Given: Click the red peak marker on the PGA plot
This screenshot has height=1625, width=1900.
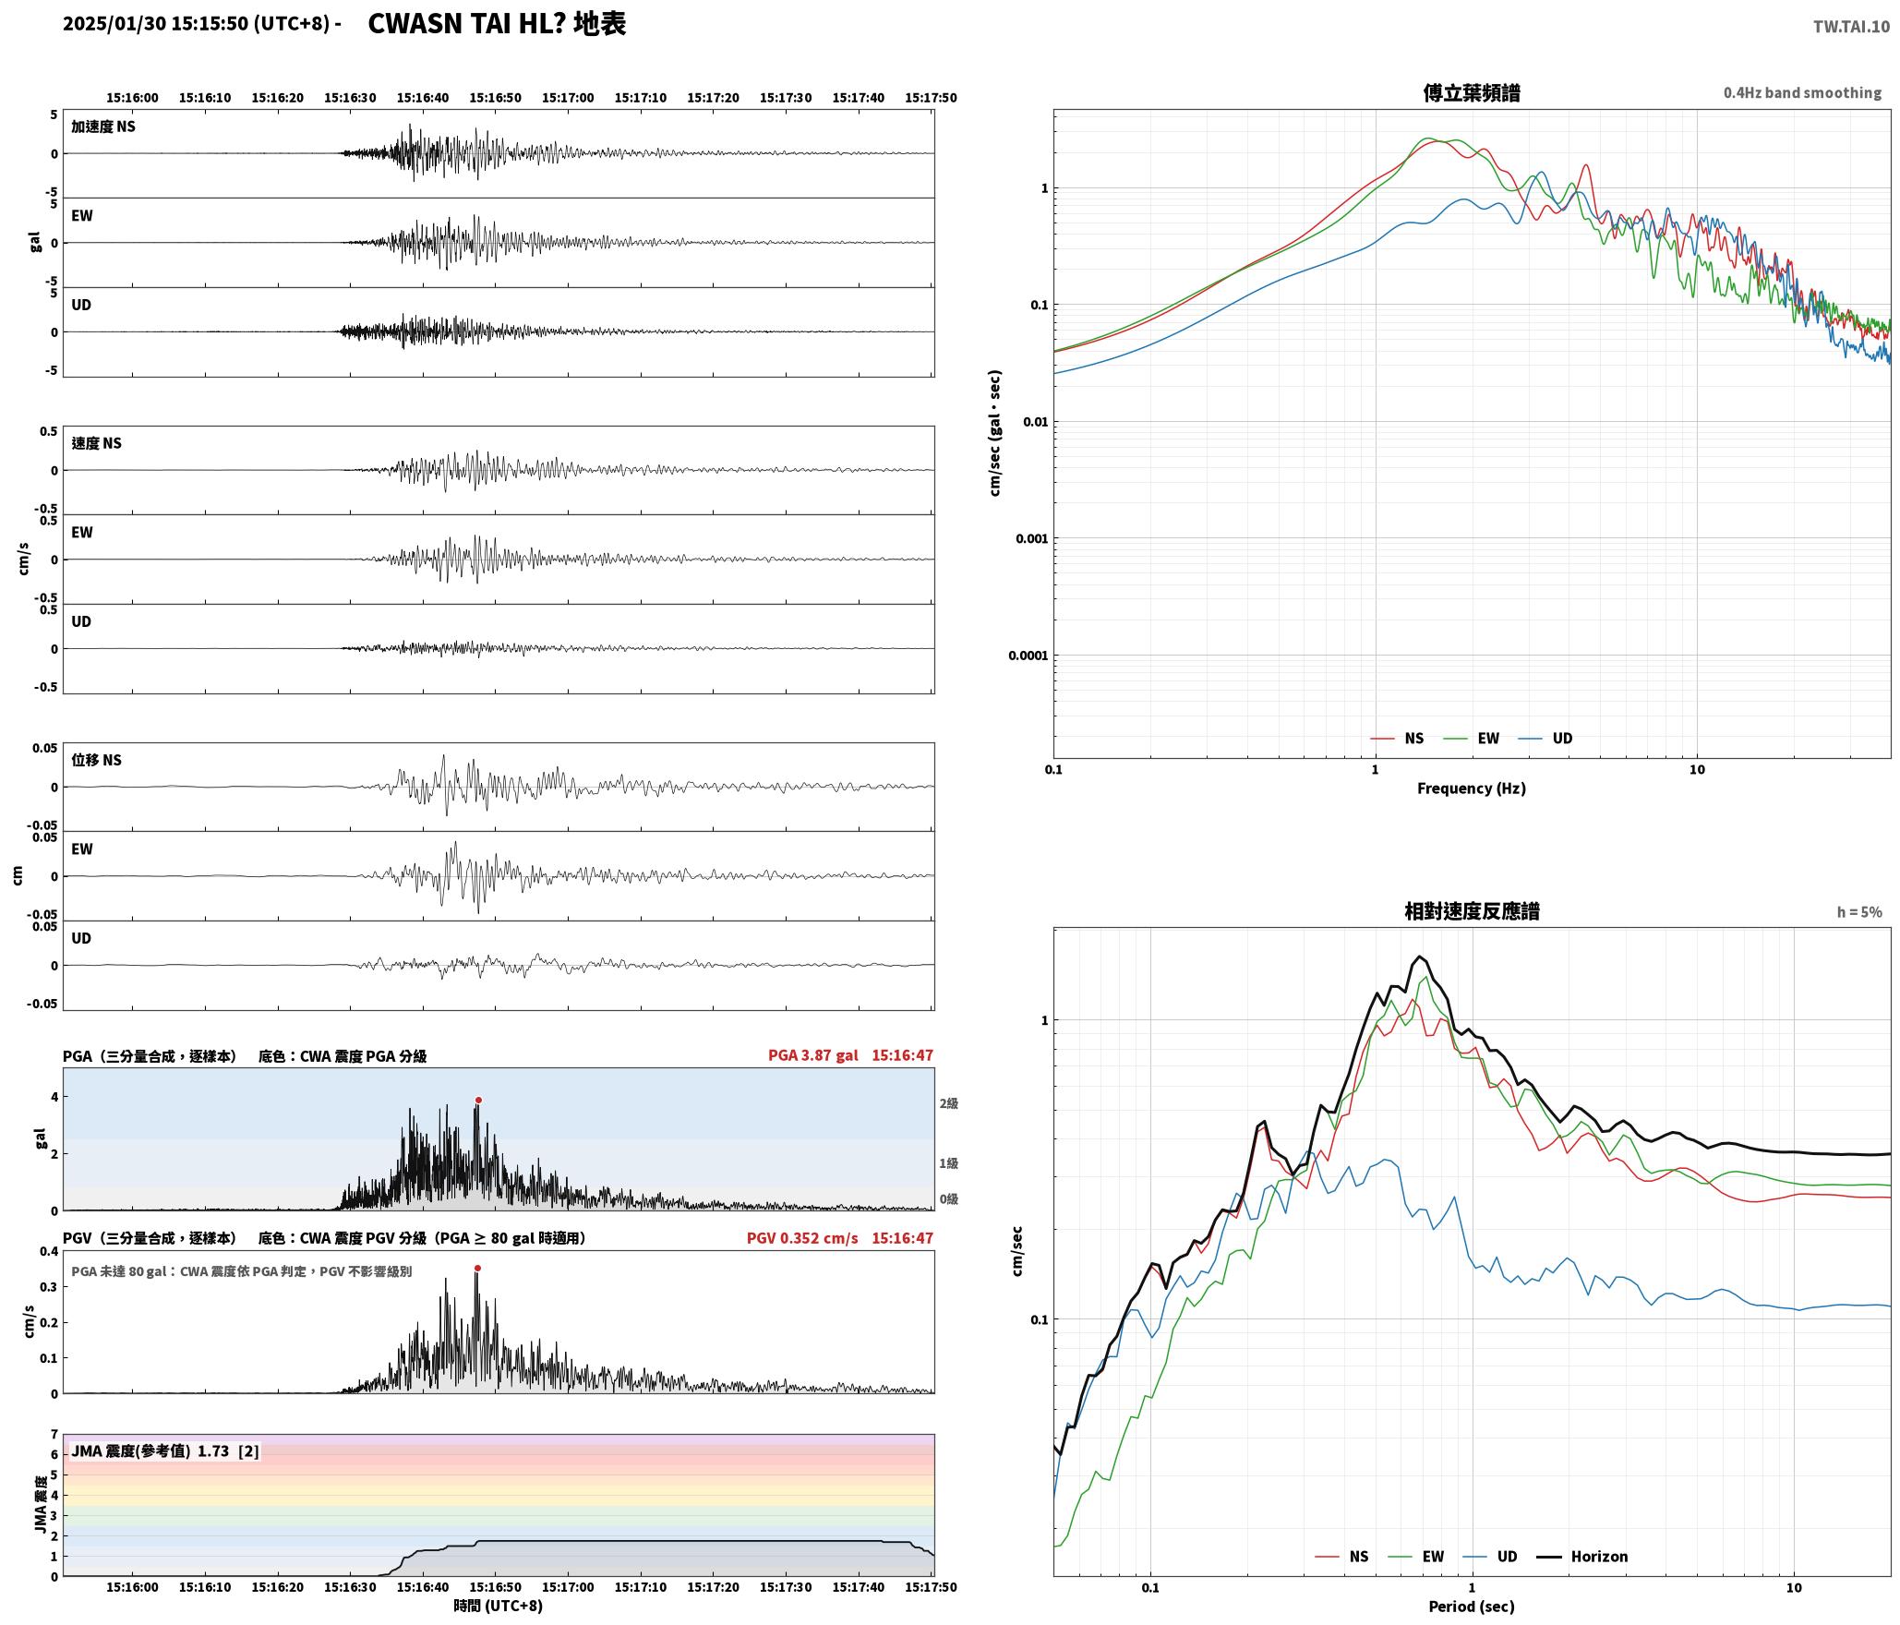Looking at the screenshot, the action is pyautogui.click(x=478, y=1101).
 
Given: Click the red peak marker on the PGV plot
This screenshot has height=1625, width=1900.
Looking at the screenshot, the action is pyautogui.click(x=477, y=1269).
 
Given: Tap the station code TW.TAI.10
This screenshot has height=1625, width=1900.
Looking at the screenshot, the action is pyautogui.click(x=1851, y=27).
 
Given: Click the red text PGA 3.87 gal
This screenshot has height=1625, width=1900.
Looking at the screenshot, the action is pyautogui.click(x=813, y=1055).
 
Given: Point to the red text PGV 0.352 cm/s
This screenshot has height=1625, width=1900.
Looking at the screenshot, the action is pyautogui.click(x=802, y=1238).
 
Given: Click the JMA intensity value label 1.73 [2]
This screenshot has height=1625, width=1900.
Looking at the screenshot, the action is pyautogui.click(x=228, y=1451).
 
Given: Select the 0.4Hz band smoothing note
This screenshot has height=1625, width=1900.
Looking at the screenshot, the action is pyautogui.click(x=1802, y=93).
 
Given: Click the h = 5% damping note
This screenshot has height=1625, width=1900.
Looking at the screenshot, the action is pyautogui.click(x=1859, y=912).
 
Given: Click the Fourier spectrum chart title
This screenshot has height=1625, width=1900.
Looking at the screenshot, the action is pyautogui.click(x=1472, y=92).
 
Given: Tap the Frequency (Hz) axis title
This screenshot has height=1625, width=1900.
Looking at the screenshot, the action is pyautogui.click(x=1472, y=788).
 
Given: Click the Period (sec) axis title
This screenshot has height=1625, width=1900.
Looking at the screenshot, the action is pyautogui.click(x=1472, y=1607).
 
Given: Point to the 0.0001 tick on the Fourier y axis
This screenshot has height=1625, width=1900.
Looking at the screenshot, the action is pyautogui.click(x=1028, y=656).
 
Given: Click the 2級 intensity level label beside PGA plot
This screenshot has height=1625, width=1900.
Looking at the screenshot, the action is pyautogui.click(x=949, y=1103).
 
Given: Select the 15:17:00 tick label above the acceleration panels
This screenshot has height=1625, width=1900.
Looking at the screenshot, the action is pyautogui.click(x=568, y=98).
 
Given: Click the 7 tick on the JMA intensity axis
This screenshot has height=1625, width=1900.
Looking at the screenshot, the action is pyautogui.click(x=54, y=1435).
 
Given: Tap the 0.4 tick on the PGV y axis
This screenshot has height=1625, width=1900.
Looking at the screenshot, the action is pyautogui.click(x=49, y=1252).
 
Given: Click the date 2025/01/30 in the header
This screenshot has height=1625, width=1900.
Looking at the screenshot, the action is pyautogui.click(x=114, y=24).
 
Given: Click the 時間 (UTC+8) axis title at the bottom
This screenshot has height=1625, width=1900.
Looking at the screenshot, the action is pyautogui.click(x=499, y=1607).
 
